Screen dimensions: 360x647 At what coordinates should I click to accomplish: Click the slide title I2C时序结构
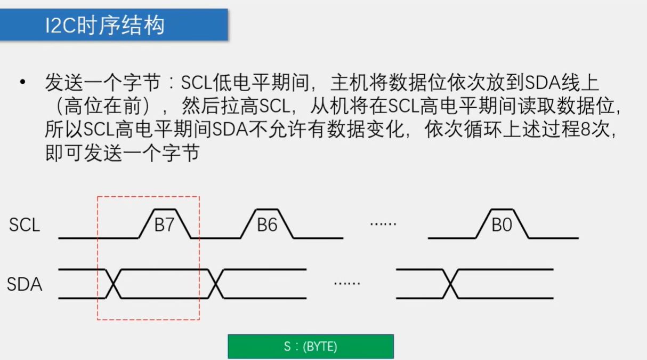point(104,25)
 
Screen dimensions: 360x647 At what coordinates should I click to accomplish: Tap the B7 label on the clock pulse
point(164,225)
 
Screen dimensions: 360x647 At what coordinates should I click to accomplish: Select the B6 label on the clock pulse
point(267,225)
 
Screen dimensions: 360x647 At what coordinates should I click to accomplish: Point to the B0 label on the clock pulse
point(501,225)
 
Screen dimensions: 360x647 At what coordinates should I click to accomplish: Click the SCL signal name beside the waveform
point(25,225)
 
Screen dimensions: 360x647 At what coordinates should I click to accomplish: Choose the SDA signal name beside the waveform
point(25,284)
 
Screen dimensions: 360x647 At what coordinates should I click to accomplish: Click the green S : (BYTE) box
point(310,346)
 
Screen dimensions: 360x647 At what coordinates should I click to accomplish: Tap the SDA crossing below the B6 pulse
point(216,283)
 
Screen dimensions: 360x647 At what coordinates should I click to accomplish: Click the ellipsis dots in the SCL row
point(383,223)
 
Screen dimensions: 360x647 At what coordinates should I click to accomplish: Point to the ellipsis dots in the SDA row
point(347,283)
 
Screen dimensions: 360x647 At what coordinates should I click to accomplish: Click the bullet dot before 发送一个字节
point(22,83)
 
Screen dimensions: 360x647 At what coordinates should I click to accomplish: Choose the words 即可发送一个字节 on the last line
point(122,154)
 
